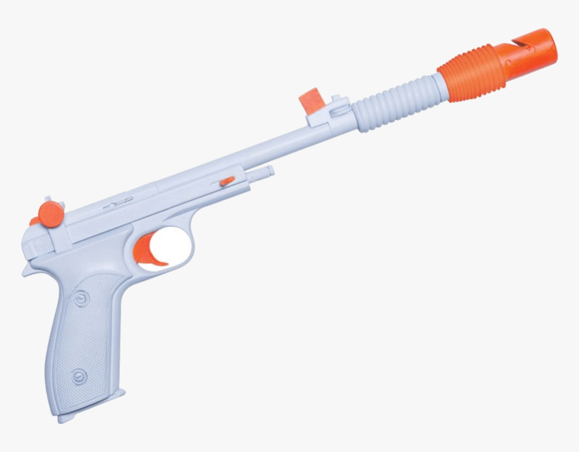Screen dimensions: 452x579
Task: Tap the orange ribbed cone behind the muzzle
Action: [471, 72]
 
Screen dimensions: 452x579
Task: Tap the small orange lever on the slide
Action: [227, 181]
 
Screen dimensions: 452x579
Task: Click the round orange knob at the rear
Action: [50, 214]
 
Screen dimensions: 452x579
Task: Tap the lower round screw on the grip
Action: [80, 376]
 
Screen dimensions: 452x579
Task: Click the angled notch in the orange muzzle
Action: [514, 43]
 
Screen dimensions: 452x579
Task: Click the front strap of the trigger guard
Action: [189, 253]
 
